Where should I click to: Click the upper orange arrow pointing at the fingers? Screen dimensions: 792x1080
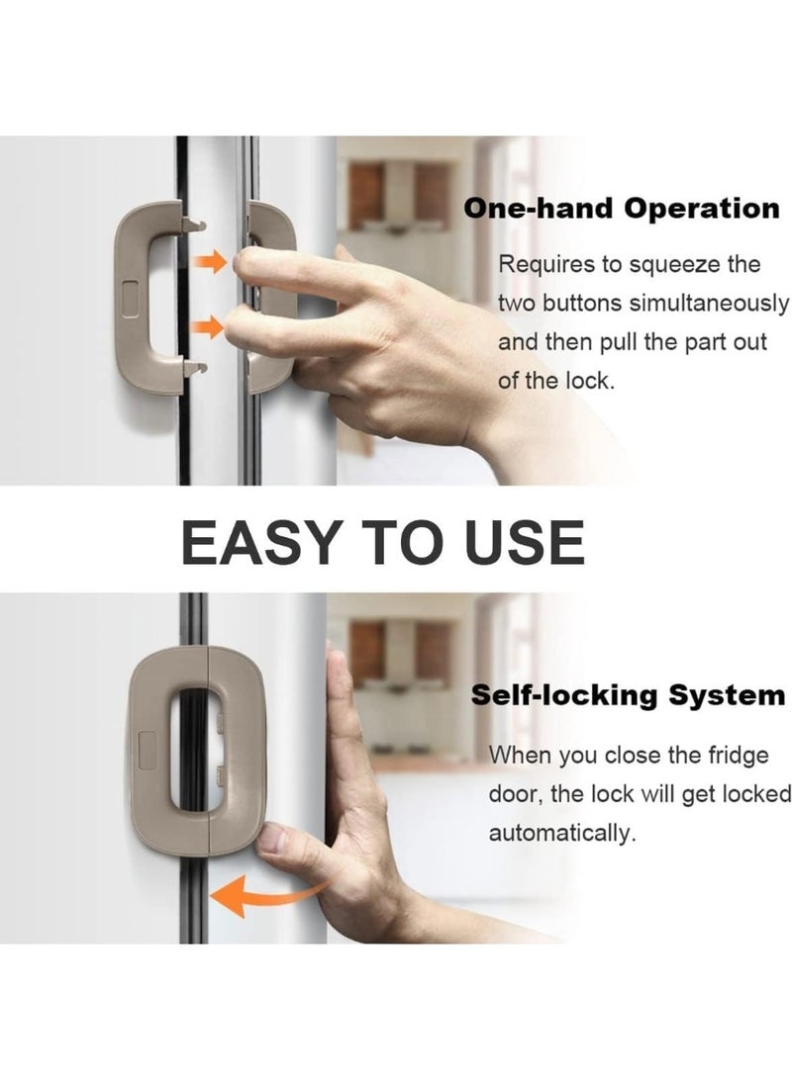point(210,262)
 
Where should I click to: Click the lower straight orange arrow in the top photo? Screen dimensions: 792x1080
point(207,327)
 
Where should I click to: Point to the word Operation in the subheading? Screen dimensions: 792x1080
point(701,210)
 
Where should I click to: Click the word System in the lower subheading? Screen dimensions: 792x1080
point(727,696)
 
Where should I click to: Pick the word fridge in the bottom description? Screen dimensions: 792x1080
point(739,757)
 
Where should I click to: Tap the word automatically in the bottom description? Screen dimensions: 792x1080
point(562,834)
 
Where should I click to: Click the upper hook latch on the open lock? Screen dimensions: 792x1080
point(194,224)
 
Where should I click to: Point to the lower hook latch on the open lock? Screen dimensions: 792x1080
point(195,369)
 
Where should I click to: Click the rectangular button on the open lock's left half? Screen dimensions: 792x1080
point(131,298)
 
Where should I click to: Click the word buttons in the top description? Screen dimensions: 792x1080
point(581,304)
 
